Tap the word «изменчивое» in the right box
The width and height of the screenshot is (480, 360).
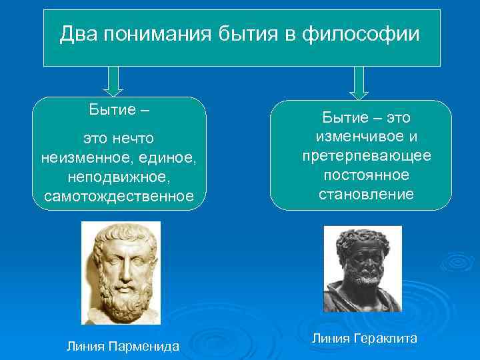(353, 137)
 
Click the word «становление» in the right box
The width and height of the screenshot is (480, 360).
(361, 194)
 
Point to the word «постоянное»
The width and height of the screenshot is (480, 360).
(361, 175)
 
